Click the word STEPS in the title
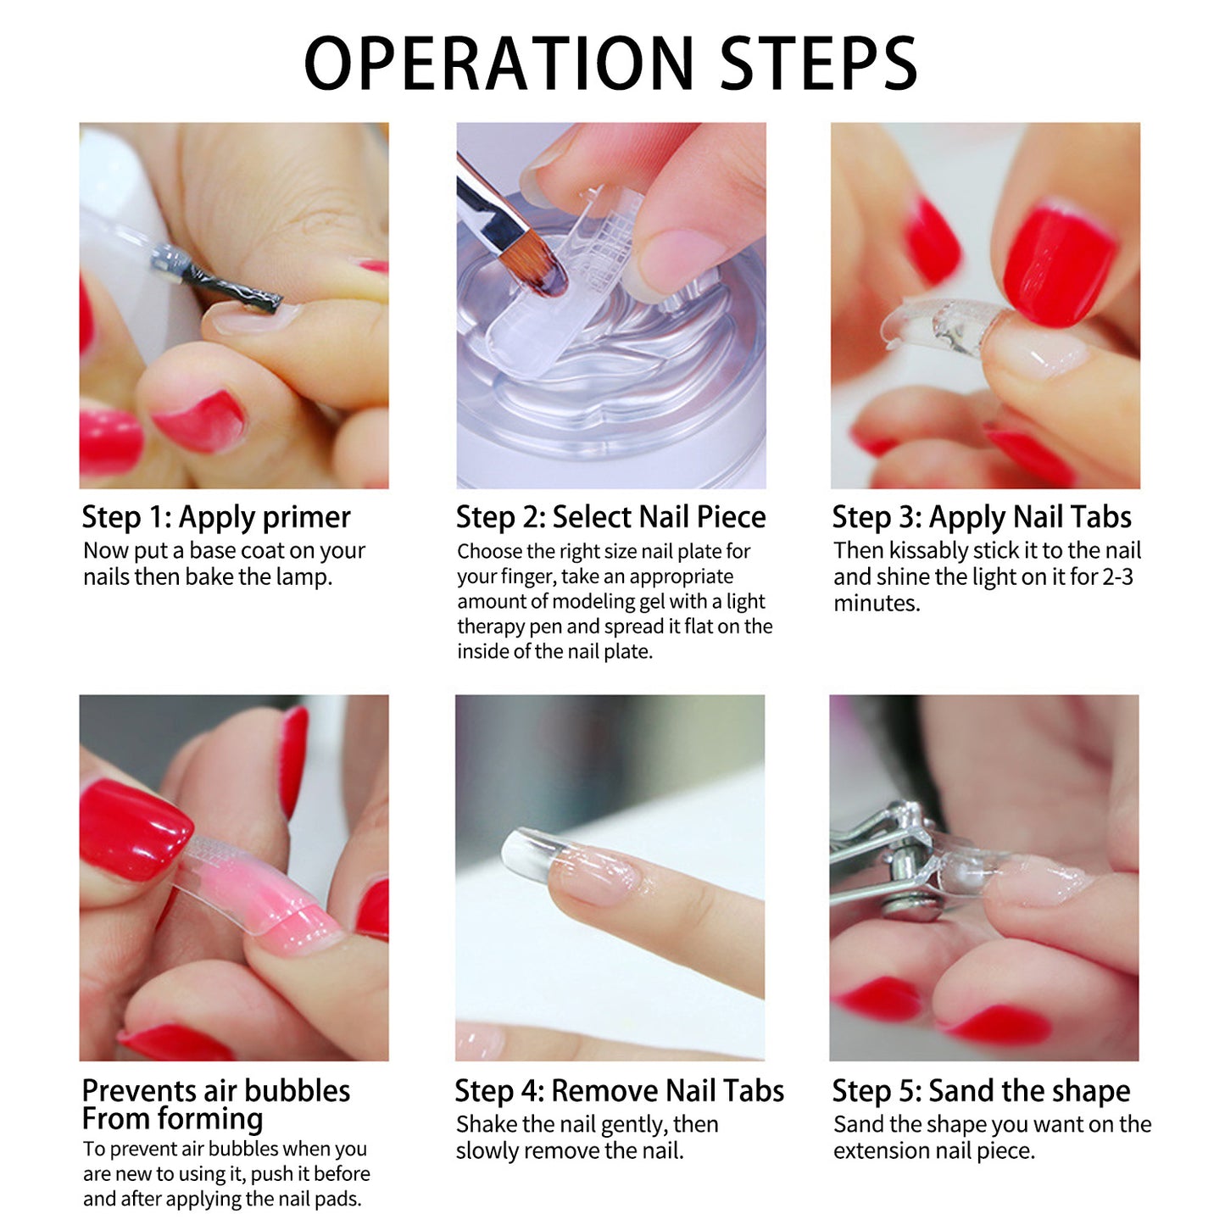[x=819, y=64]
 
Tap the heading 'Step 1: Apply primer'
[x=216, y=518]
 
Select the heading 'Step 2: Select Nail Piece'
[x=611, y=517]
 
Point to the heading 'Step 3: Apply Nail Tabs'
[x=983, y=518]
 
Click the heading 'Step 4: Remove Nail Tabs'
[x=620, y=1092]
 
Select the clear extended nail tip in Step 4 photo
[x=534, y=855]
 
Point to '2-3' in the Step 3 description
[x=1118, y=577]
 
